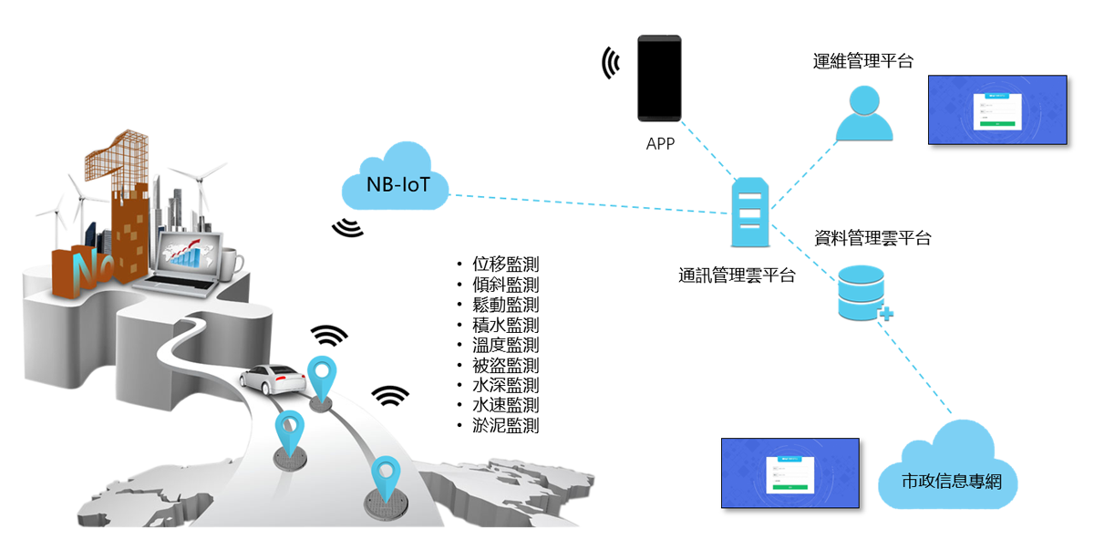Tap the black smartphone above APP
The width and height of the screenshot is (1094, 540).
(x=659, y=78)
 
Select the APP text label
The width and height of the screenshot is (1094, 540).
(x=659, y=143)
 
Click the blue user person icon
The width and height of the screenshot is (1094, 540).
(x=864, y=114)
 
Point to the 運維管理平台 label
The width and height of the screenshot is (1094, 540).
(x=862, y=61)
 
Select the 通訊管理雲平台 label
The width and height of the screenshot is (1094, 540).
(x=737, y=275)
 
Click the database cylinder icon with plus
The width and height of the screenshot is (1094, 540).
(x=862, y=293)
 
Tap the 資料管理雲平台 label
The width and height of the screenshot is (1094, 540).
(x=872, y=239)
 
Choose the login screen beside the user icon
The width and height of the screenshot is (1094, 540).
(x=997, y=109)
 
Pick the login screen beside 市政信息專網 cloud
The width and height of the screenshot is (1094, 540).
(x=790, y=472)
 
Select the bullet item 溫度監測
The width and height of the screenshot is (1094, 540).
(x=505, y=345)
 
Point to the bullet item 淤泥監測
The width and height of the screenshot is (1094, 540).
(x=505, y=425)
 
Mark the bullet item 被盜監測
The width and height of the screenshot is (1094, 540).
(x=505, y=365)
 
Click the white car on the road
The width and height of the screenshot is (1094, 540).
(x=272, y=379)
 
